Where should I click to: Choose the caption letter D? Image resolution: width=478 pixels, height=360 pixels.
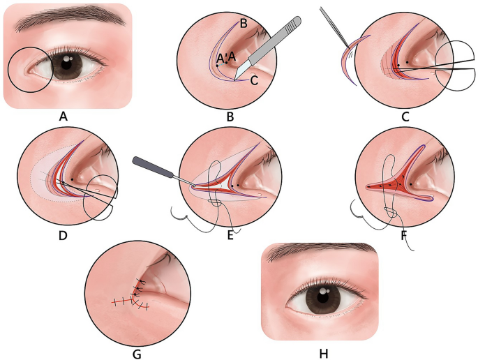pos(63,237)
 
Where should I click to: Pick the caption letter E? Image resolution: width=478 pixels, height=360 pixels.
pos(231,237)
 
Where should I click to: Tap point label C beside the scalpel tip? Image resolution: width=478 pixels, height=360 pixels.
pos(255,81)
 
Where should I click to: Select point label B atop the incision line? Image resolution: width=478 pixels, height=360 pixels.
pos(244,23)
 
